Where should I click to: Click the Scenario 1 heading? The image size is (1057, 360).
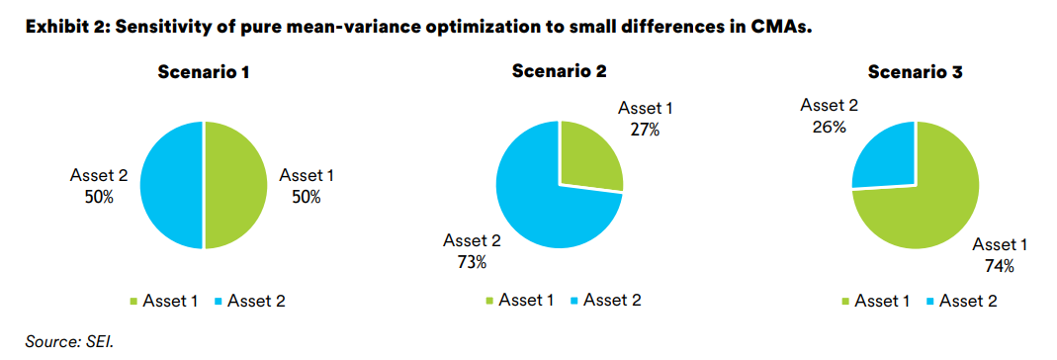click(204, 71)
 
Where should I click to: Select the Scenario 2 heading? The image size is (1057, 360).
click(560, 71)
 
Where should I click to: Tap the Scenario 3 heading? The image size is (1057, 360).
click(916, 71)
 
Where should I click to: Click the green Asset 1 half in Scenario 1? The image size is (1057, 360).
click(236, 185)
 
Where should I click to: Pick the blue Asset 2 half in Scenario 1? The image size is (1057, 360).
click(171, 185)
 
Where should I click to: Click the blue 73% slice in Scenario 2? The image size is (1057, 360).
click(546, 202)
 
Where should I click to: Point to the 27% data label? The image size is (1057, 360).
click(645, 130)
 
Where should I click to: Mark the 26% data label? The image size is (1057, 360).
click(829, 126)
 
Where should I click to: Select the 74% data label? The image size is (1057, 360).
click(999, 266)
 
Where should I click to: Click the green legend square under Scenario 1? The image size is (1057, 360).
click(132, 302)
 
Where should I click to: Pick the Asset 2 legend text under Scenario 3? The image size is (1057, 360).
click(968, 301)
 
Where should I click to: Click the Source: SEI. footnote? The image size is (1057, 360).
click(69, 342)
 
